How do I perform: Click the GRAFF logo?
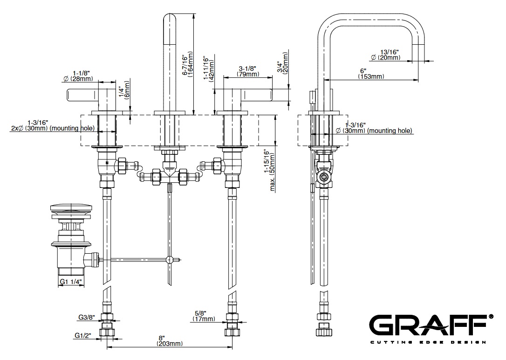click(x=431, y=324)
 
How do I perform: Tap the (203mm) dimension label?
click(x=169, y=344)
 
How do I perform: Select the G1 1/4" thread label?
click(x=71, y=282)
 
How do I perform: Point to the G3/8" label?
click(x=87, y=318)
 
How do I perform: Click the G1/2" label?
click(x=84, y=335)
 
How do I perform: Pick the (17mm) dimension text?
click(x=204, y=319)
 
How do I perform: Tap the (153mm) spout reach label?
click(x=371, y=76)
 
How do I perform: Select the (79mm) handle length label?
click(x=247, y=74)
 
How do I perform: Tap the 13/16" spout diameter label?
click(x=390, y=51)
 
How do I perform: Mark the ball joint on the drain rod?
click(x=170, y=260)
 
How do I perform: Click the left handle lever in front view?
click(x=83, y=95)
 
